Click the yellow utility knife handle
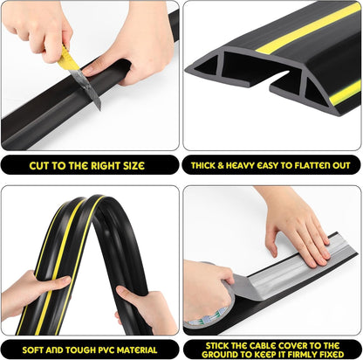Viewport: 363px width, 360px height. pyautogui.click(x=67, y=59)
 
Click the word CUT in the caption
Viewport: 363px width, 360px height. pyautogui.click(x=42, y=165)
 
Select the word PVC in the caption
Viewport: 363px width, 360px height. pyautogui.click(x=104, y=348)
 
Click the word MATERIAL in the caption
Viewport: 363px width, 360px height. pyautogui.click(x=139, y=348)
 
